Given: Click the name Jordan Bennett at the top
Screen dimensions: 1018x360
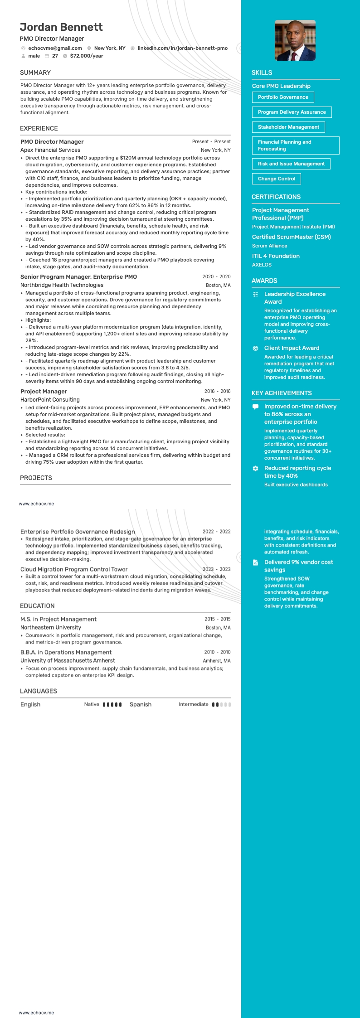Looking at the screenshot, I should tap(61, 27).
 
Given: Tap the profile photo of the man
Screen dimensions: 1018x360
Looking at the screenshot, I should tap(295, 40).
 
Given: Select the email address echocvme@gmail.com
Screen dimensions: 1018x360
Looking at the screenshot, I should tap(55, 48).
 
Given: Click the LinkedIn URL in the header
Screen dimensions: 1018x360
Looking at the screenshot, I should tap(182, 48).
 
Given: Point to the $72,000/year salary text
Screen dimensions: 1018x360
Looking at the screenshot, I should tap(87, 56).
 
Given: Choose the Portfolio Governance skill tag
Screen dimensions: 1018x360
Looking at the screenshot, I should tap(283, 97).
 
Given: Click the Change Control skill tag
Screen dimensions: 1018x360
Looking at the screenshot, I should tap(276, 179).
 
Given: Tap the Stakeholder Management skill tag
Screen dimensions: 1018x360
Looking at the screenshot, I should tap(288, 127).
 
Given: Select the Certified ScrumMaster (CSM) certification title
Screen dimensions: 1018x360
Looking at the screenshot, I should tap(291, 237).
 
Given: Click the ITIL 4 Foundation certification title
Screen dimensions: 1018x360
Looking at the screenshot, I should tap(276, 256).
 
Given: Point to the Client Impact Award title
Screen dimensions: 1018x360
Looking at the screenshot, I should tap(292, 348).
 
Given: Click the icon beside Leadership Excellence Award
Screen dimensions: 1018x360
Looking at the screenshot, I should tap(255, 294).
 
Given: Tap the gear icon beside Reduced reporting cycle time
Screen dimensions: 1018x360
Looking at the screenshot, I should tap(255, 468).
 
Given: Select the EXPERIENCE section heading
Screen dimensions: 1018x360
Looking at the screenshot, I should tap(39, 128).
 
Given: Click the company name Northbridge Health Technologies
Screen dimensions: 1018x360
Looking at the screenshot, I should tap(62, 285).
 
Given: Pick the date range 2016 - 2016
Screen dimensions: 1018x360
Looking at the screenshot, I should tap(217, 391).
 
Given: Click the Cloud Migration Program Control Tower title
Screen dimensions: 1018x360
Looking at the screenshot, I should tap(74, 569).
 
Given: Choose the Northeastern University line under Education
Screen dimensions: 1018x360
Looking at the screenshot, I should tap(51, 627).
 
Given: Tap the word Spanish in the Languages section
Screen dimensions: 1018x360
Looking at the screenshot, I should tap(141, 704).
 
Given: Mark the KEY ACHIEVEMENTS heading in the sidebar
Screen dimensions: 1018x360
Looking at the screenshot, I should tap(282, 393).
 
